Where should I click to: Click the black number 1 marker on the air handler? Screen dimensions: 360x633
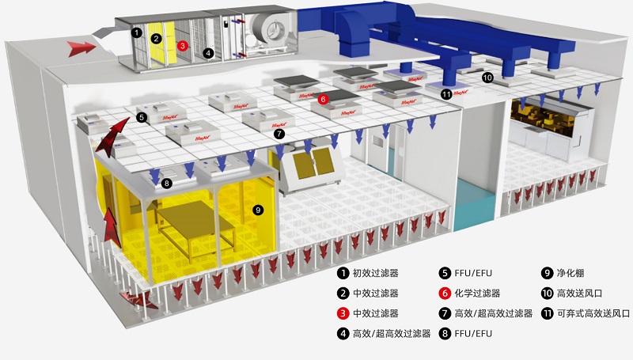coord(137,32)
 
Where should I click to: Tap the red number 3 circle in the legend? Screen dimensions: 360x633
coord(343,313)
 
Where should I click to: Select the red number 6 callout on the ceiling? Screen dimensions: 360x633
coord(323,100)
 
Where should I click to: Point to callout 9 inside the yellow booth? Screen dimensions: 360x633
coord(256,210)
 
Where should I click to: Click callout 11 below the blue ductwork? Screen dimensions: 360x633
coord(446,94)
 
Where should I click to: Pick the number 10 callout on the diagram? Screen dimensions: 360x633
coord(487,77)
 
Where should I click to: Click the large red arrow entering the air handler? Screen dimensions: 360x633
coord(82,48)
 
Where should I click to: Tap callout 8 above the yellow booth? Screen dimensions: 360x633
coord(166,184)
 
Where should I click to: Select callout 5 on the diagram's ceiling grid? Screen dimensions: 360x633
coord(141,117)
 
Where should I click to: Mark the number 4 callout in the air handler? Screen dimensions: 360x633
coord(208,53)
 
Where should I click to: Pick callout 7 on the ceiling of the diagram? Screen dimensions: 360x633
coord(279,135)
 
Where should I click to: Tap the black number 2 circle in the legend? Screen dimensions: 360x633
coord(343,293)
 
